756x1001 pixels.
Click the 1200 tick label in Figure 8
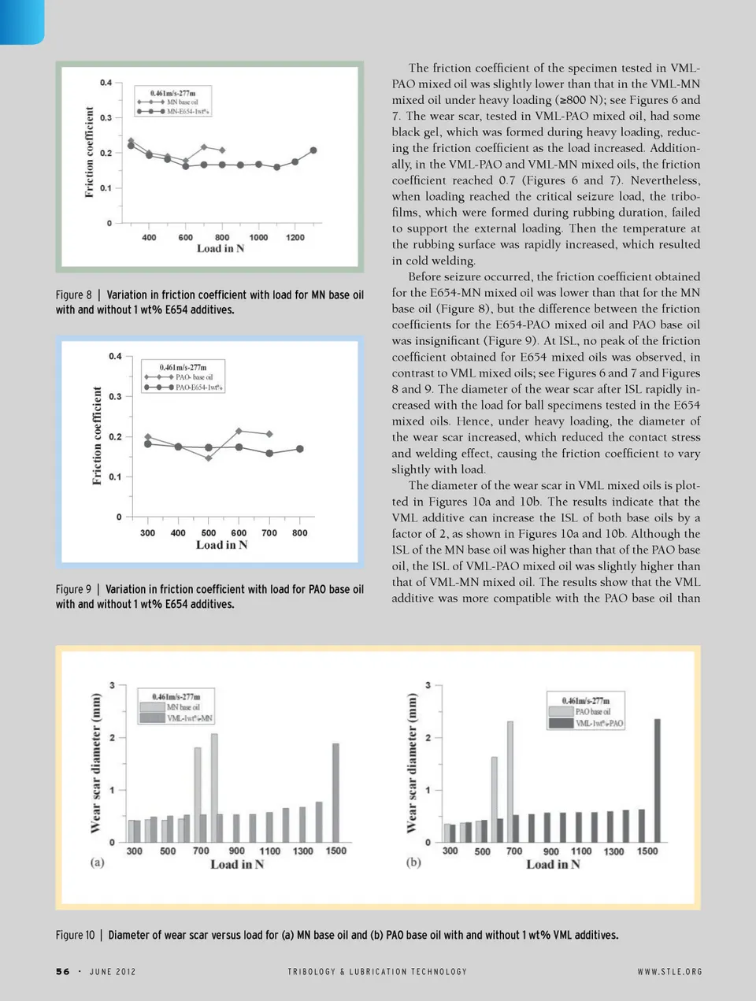(295, 237)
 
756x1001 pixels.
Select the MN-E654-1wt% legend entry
(188, 112)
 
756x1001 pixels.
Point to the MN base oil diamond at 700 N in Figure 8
(204, 147)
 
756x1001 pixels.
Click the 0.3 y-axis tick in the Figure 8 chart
(106, 117)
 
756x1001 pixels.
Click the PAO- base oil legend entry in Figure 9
(194, 377)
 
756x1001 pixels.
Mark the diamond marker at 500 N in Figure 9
(209, 458)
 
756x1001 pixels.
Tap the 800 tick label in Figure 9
(300, 533)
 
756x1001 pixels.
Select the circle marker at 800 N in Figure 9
(300, 449)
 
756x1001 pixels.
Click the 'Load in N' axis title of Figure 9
(221, 545)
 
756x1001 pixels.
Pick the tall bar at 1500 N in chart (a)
(335, 792)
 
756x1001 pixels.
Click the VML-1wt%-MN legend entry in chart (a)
(189, 718)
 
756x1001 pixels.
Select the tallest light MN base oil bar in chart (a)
(214, 788)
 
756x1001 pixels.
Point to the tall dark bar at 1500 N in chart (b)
(658, 780)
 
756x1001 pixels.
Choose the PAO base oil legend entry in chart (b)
(592, 712)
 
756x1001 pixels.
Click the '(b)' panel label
(413, 862)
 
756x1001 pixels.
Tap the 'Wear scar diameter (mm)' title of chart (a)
(96, 762)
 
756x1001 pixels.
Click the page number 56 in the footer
(63, 972)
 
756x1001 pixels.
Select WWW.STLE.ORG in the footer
(669, 972)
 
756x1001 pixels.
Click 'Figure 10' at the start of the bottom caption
(75, 935)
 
